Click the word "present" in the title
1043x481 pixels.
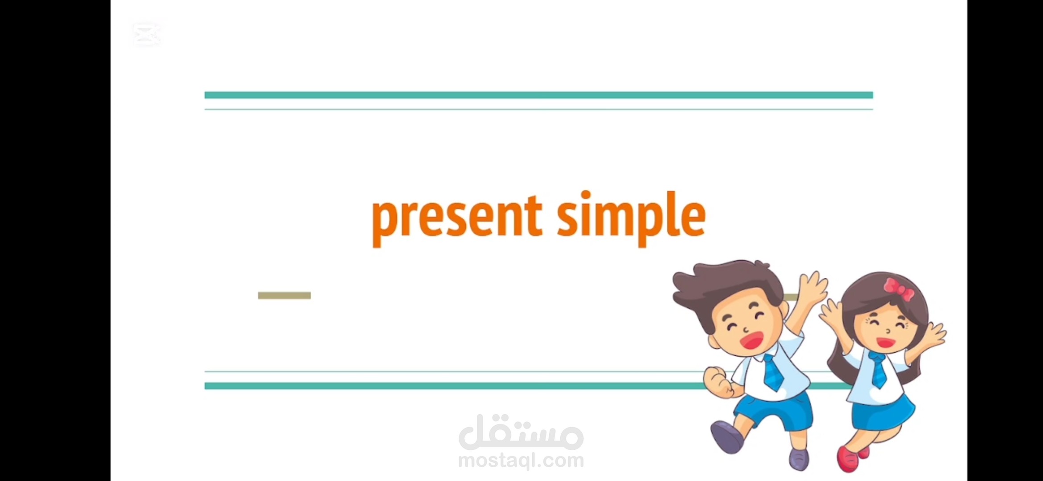(x=457, y=217)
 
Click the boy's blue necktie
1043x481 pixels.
(x=774, y=372)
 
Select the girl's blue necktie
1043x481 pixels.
(x=878, y=370)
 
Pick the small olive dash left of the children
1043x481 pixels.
(x=284, y=296)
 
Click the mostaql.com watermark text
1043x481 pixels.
(x=521, y=460)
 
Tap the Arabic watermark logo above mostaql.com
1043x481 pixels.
(x=521, y=432)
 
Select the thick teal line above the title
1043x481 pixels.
(x=538, y=95)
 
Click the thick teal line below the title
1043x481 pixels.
(x=446, y=386)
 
